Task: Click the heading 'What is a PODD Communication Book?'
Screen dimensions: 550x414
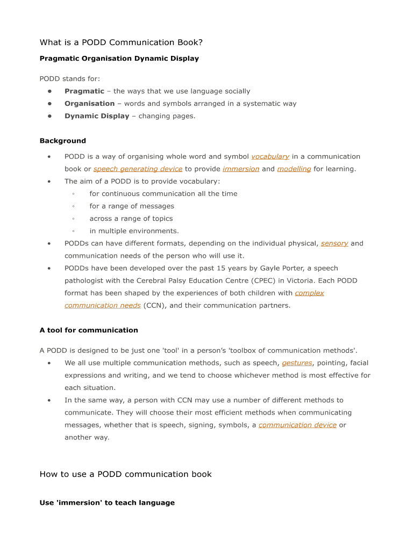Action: click(x=121, y=42)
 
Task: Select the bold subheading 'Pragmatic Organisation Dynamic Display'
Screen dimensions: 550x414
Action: click(x=119, y=59)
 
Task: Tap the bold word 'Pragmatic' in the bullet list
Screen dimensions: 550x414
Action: click(x=84, y=91)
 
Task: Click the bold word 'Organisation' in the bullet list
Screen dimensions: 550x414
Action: click(x=89, y=104)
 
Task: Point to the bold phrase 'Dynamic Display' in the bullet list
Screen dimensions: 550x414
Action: click(x=97, y=116)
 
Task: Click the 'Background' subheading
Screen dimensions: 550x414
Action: click(x=62, y=141)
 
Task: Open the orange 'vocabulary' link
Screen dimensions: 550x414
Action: click(x=270, y=157)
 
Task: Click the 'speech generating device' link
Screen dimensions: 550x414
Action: click(x=138, y=169)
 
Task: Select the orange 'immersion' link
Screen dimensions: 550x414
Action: click(x=241, y=169)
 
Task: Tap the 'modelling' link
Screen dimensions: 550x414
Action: click(x=294, y=169)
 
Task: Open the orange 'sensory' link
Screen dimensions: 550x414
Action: click(x=334, y=244)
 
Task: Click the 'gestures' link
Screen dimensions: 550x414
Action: click(x=297, y=363)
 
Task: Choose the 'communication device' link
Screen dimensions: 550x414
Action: click(x=297, y=425)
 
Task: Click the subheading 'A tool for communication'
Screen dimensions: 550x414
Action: click(x=89, y=330)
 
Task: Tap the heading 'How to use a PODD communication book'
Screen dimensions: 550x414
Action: click(x=125, y=474)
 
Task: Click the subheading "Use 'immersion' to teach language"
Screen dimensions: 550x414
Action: click(x=107, y=503)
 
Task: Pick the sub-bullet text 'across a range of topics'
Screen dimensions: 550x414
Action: click(x=131, y=219)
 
